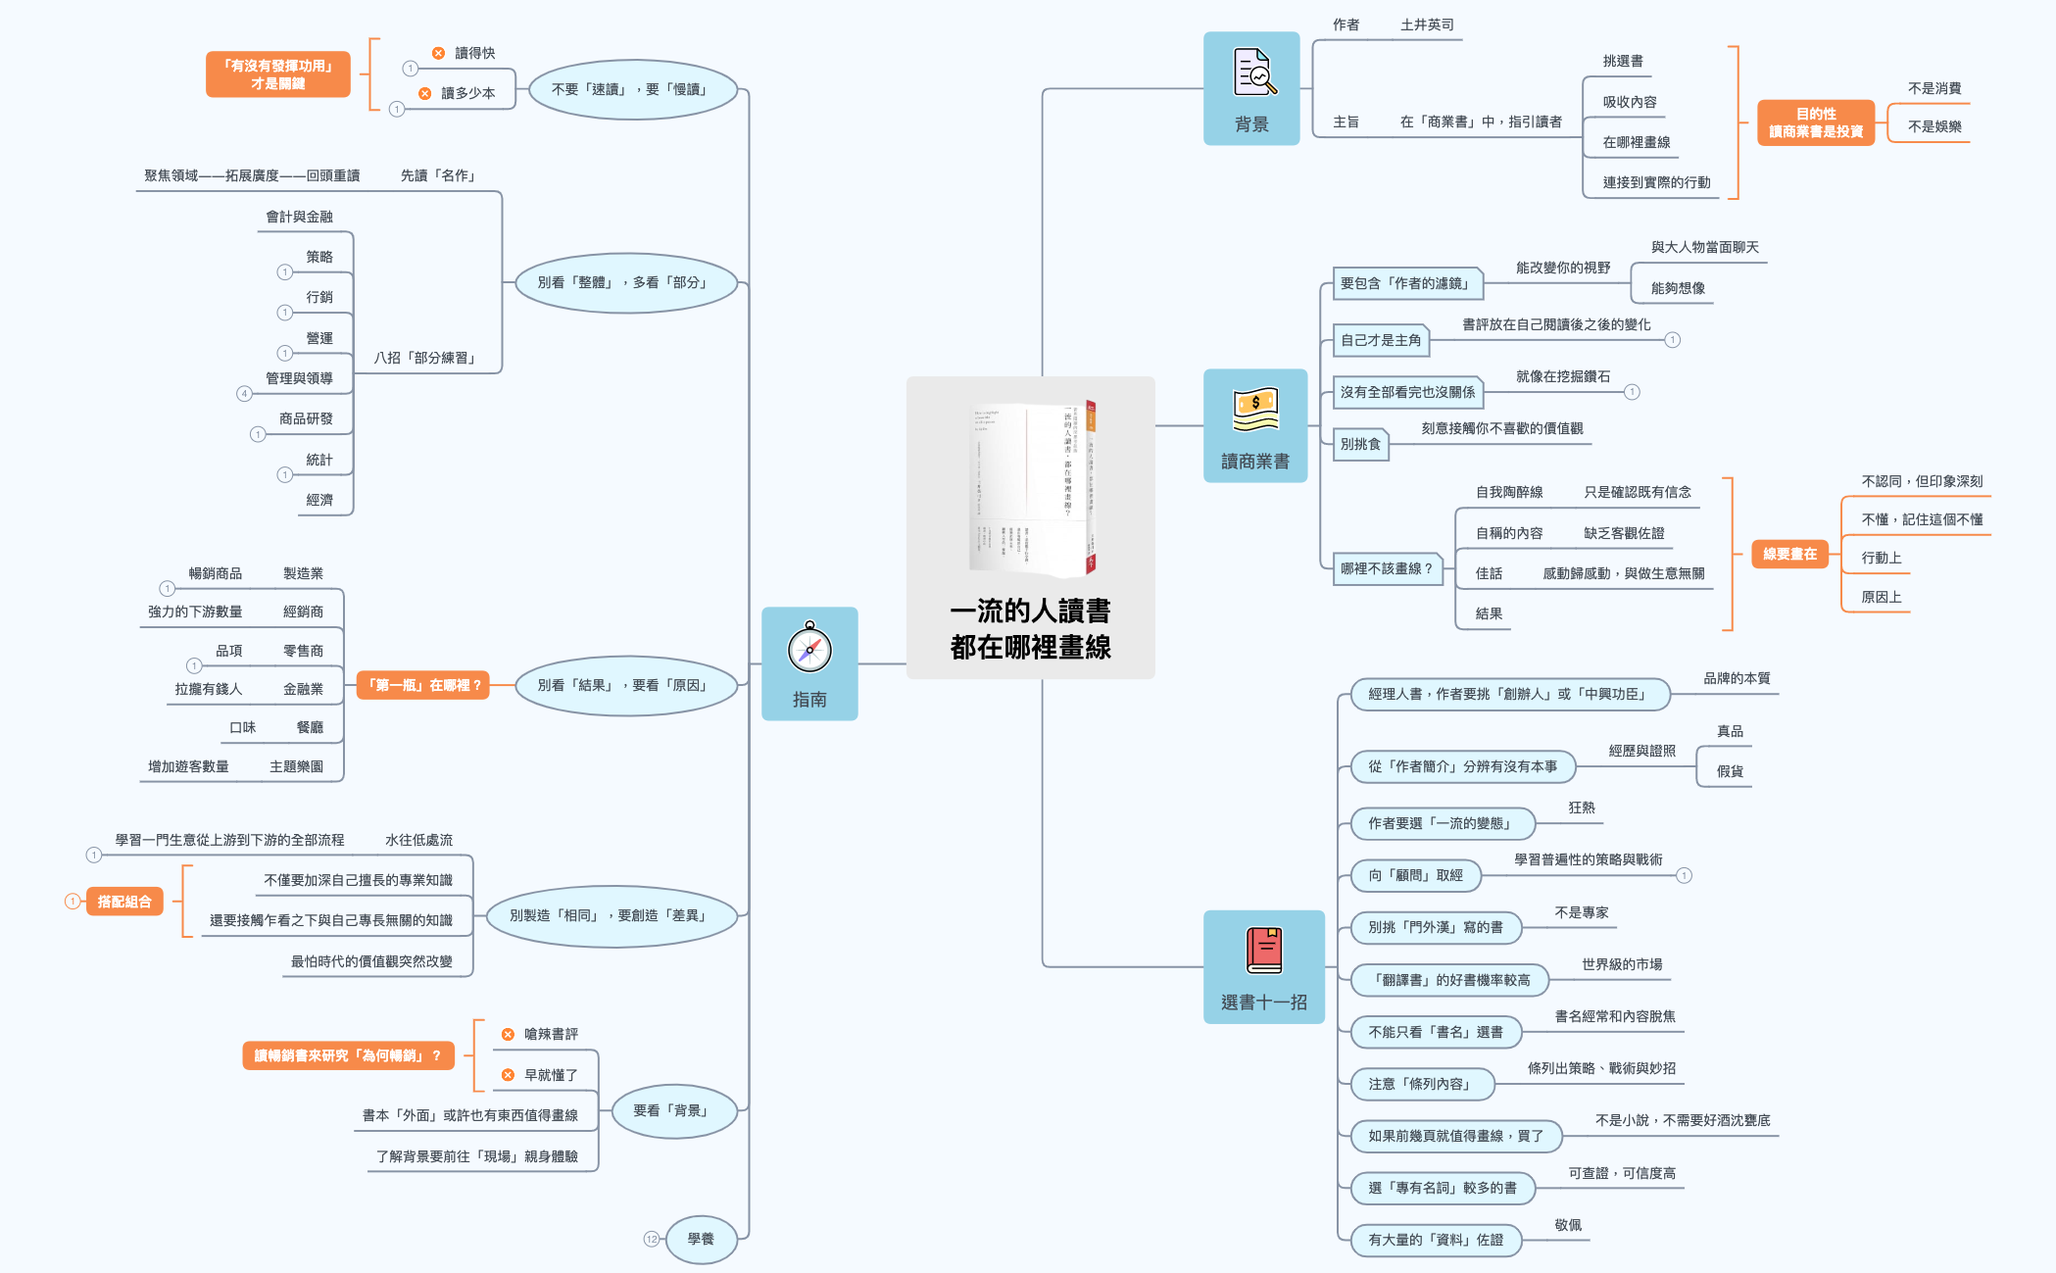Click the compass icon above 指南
(809, 648)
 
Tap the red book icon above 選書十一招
(1264, 951)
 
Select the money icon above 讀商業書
(1255, 410)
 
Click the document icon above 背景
(1254, 73)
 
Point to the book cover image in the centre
(1031, 488)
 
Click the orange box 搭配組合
(124, 902)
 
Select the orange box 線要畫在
(1789, 555)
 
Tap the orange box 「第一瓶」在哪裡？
(423, 685)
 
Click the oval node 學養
(701, 1239)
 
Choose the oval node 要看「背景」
(671, 1110)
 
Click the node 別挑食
(1360, 444)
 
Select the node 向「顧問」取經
(1415, 875)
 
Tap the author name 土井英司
(1427, 24)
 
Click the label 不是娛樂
(1934, 126)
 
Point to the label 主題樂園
(296, 766)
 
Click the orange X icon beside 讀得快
(438, 53)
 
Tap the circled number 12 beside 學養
(652, 1239)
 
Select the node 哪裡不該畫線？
(1387, 568)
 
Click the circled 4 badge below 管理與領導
(244, 394)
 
